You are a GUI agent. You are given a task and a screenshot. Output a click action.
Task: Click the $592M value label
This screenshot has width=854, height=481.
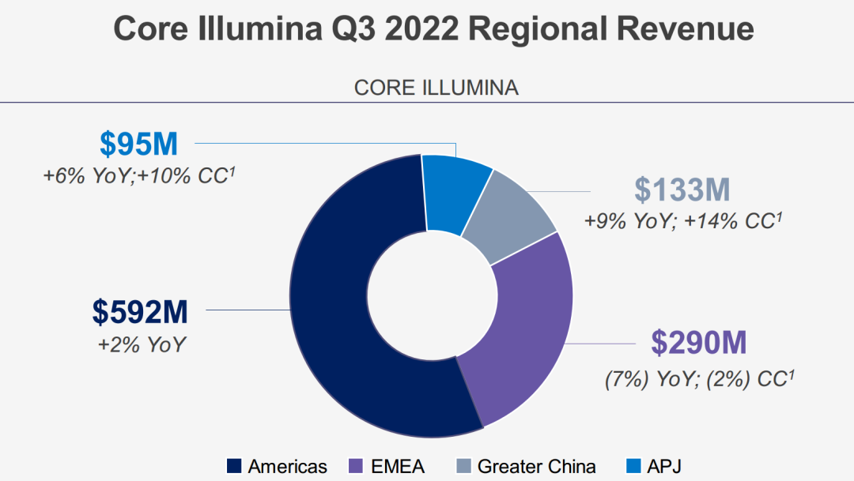click(x=140, y=312)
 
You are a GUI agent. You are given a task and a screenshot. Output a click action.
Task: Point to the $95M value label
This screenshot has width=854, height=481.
click(x=139, y=144)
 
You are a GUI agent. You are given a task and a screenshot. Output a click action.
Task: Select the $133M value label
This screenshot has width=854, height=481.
click(x=683, y=190)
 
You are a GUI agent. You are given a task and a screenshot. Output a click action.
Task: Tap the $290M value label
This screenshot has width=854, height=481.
click(x=699, y=344)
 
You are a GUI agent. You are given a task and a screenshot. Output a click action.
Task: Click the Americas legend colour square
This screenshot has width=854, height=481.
click(x=233, y=466)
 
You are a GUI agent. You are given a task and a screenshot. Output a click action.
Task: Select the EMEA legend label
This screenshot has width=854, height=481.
click(x=397, y=466)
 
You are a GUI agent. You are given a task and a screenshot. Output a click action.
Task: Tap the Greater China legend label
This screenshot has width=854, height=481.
click(x=536, y=466)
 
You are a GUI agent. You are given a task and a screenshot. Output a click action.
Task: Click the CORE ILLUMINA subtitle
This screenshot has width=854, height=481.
click(x=436, y=88)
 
